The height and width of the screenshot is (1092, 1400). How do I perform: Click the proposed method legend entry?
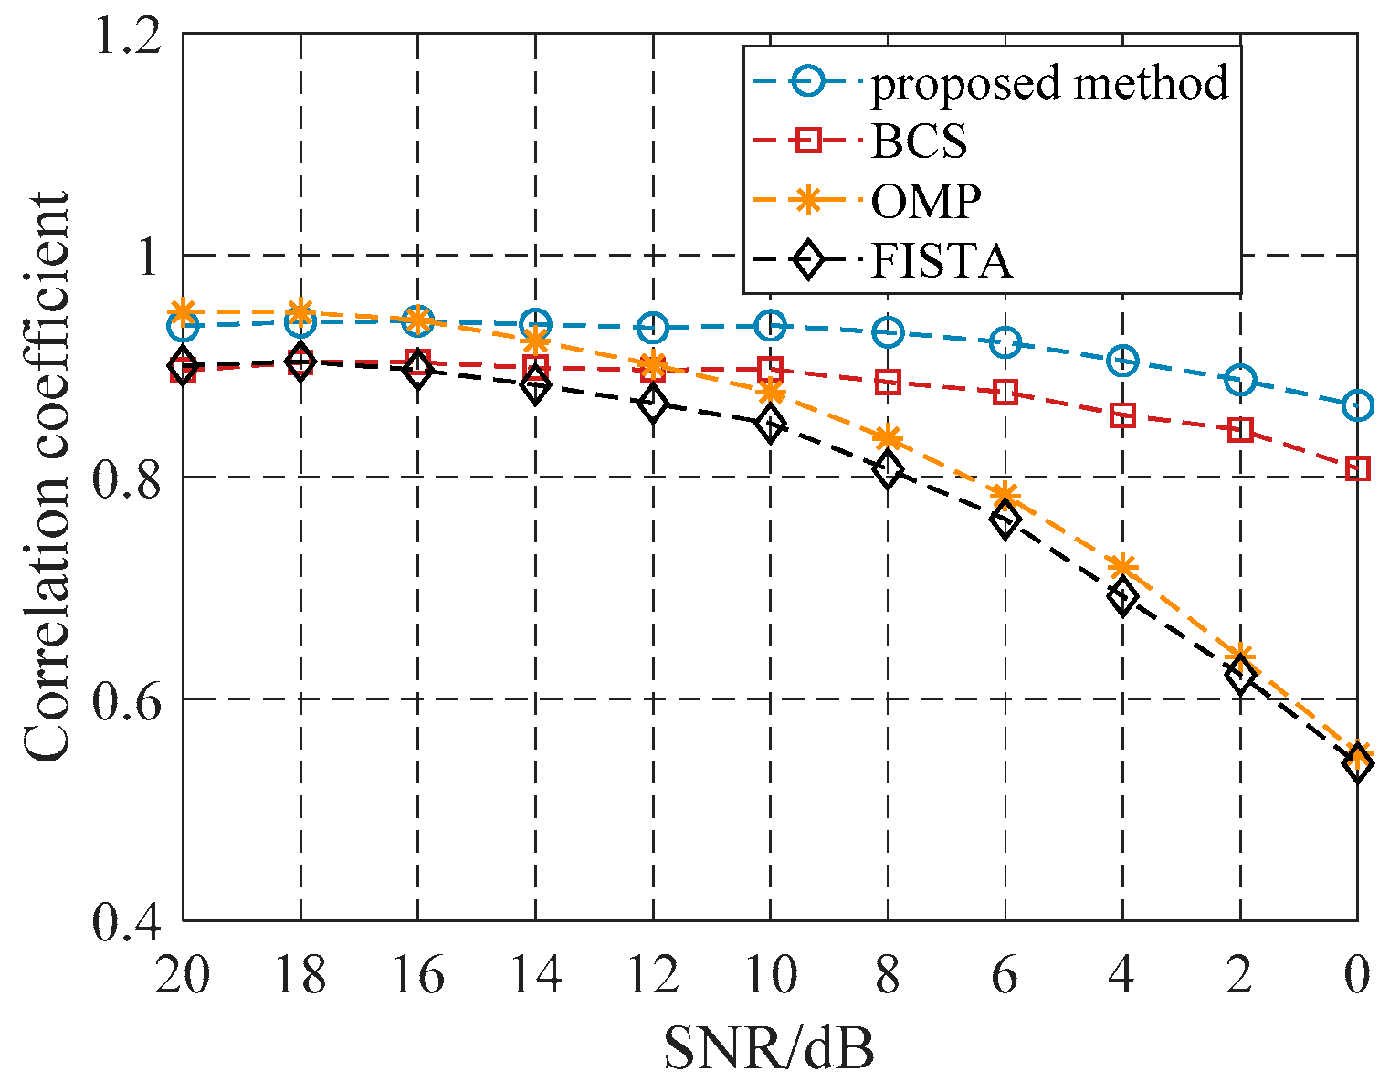click(1049, 83)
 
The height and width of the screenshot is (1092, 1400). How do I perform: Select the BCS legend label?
click(919, 142)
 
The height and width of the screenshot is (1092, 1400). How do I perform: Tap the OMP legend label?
click(926, 201)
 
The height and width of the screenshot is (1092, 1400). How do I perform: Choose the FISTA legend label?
click(942, 261)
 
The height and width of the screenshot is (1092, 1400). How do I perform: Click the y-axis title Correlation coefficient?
click(46, 476)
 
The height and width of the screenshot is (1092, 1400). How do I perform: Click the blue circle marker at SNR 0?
click(1357, 404)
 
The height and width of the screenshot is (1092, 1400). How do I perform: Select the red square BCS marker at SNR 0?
click(1357, 469)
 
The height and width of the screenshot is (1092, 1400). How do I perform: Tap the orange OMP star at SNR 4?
click(1122, 567)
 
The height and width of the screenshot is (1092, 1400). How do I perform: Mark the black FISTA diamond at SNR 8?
click(888, 470)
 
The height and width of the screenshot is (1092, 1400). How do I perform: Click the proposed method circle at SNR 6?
click(1005, 342)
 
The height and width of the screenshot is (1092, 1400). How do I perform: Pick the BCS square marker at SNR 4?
click(1122, 416)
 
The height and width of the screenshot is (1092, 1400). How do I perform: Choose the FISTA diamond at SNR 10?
click(770, 425)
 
